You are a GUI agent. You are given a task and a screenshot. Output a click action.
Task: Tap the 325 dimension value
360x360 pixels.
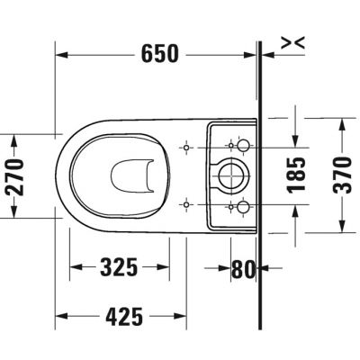click(x=119, y=266)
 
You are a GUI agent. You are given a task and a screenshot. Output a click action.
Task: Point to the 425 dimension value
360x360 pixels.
click(x=119, y=316)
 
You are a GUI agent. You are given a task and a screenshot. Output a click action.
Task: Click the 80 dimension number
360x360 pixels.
click(x=243, y=266)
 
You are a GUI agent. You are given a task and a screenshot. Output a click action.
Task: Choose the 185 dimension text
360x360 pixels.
click(x=299, y=175)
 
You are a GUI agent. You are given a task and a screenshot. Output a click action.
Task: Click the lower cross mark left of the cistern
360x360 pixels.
click(x=185, y=203)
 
